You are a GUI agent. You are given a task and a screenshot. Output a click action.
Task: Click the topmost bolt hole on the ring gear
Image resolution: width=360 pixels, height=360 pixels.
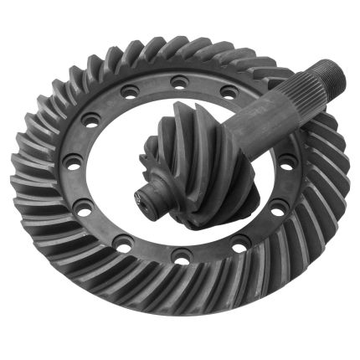point(177,81)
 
